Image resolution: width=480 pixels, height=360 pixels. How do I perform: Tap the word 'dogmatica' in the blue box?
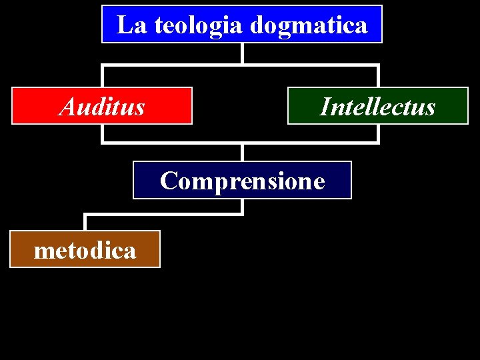308,26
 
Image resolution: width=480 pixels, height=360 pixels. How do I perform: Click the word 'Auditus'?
102,107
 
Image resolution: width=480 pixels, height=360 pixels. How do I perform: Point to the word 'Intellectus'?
377,107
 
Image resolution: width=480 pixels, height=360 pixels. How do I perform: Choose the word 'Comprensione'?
242,181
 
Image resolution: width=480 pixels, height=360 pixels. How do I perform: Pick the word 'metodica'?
85,250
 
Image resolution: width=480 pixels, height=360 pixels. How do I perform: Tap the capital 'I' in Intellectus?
325,107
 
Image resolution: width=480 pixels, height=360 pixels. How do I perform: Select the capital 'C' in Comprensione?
168,181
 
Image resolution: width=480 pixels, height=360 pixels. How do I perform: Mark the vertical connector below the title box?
242,53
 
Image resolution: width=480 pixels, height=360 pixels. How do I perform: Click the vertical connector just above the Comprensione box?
242,152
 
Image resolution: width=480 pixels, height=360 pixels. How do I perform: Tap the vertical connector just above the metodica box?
85,222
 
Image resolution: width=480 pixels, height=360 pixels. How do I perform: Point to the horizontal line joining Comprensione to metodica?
163,214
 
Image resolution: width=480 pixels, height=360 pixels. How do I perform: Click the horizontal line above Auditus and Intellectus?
173,65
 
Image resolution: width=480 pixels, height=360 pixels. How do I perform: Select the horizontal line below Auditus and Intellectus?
173,142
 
